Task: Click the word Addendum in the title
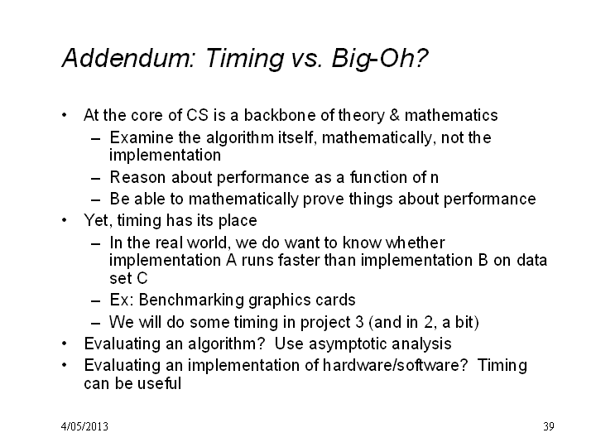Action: (x=128, y=58)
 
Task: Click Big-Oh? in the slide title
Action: (x=380, y=59)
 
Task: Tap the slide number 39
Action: (x=549, y=426)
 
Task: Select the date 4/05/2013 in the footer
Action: (x=84, y=426)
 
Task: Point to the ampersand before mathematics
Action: (x=395, y=115)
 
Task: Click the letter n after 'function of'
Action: (x=434, y=177)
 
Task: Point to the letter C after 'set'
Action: (x=142, y=278)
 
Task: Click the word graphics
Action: (x=274, y=300)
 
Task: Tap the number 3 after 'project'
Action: (x=359, y=322)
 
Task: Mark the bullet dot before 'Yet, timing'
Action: (x=64, y=219)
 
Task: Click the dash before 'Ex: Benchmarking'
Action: (x=96, y=301)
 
